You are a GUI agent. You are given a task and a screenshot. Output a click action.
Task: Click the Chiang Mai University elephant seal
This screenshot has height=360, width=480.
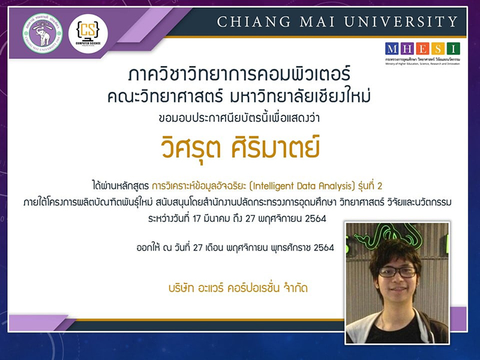pyautogui.click(x=43, y=34)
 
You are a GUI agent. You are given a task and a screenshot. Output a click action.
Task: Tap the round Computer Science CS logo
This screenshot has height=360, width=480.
pyautogui.click(x=88, y=34)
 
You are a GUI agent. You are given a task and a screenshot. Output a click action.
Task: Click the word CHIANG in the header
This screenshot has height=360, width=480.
pyautogui.click(x=254, y=22)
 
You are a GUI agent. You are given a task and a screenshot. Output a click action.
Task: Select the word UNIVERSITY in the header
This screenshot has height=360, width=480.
pyautogui.click(x=401, y=22)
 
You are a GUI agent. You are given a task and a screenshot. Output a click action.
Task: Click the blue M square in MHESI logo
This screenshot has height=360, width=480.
pyautogui.click(x=392, y=49)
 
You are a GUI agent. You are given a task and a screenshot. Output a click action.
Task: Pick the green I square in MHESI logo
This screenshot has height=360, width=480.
pyautogui.click(x=453, y=49)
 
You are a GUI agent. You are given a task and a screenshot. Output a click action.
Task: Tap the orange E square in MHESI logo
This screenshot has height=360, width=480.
pyautogui.click(x=422, y=49)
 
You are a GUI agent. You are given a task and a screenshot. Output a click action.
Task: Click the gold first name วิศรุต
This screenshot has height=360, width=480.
pyautogui.click(x=191, y=148)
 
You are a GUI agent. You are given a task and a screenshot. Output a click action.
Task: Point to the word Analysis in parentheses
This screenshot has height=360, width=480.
pyautogui.click(x=335, y=186)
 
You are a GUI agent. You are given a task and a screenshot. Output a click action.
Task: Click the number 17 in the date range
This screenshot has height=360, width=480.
pyautogui.click(x=197, y=218)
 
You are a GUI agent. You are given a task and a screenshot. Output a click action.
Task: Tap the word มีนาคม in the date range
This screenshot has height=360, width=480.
pyautogui.click(x=217, y=218)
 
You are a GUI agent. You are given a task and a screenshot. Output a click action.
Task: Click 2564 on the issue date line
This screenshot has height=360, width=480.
pyautogui.click(x=324, y=247)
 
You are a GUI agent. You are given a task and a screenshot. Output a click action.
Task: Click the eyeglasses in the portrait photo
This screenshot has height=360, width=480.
pyautogui.click(x=398, y=272)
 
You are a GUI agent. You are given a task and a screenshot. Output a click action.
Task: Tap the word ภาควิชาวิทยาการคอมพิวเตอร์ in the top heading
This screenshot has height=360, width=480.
pyautogui.click(x=239, y=74)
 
